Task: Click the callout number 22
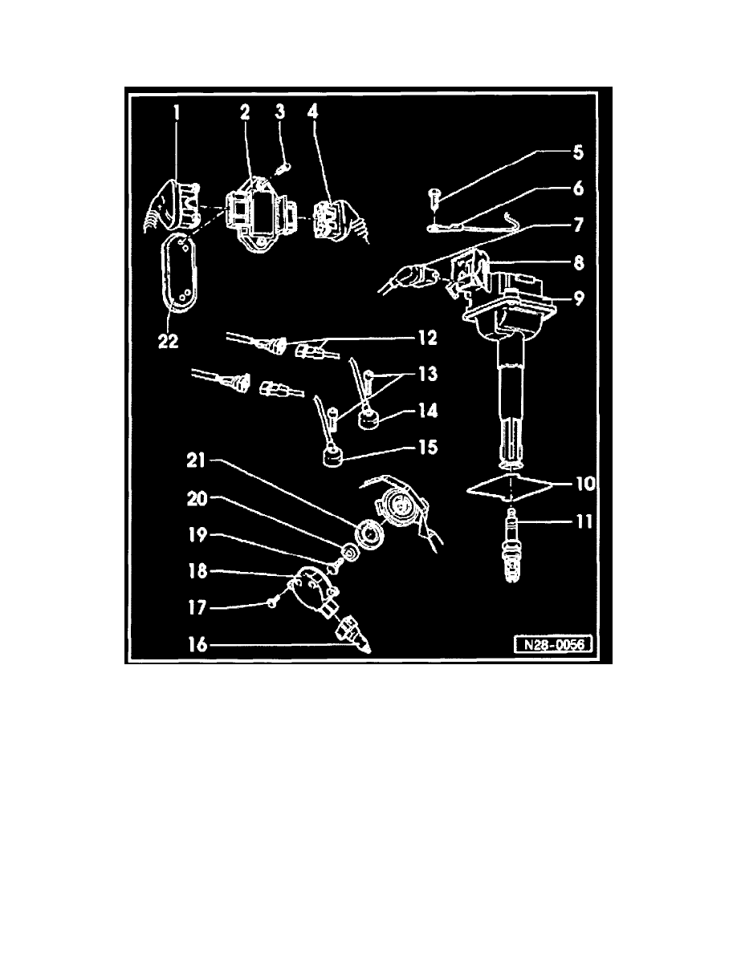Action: pyautogui.click(x=169, y=342)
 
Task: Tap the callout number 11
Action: pyautogui.click(x=584, y=521)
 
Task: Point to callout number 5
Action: pyautogui.click(x=578, y=152)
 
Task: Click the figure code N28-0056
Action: pyautogui.click(x=553, y=644)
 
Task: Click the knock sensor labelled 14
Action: pyautogui.click(x=367, y=418)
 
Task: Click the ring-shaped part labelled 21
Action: pyautogui.click(x=369, y=535)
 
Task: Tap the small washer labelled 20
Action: pyautogui.click(x=350, y=553)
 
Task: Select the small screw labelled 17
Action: pyautogui.click(x=271, y=602)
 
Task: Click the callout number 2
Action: pyautogui.click(x=244, y=112)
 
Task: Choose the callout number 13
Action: pyautogui.click(x=428, y=374)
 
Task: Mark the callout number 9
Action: pyautogui.click(x=578, y=298)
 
